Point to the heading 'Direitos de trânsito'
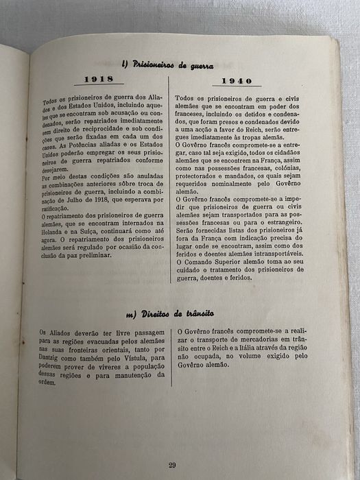(x=167, y=313)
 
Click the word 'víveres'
(x=98, y=366)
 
